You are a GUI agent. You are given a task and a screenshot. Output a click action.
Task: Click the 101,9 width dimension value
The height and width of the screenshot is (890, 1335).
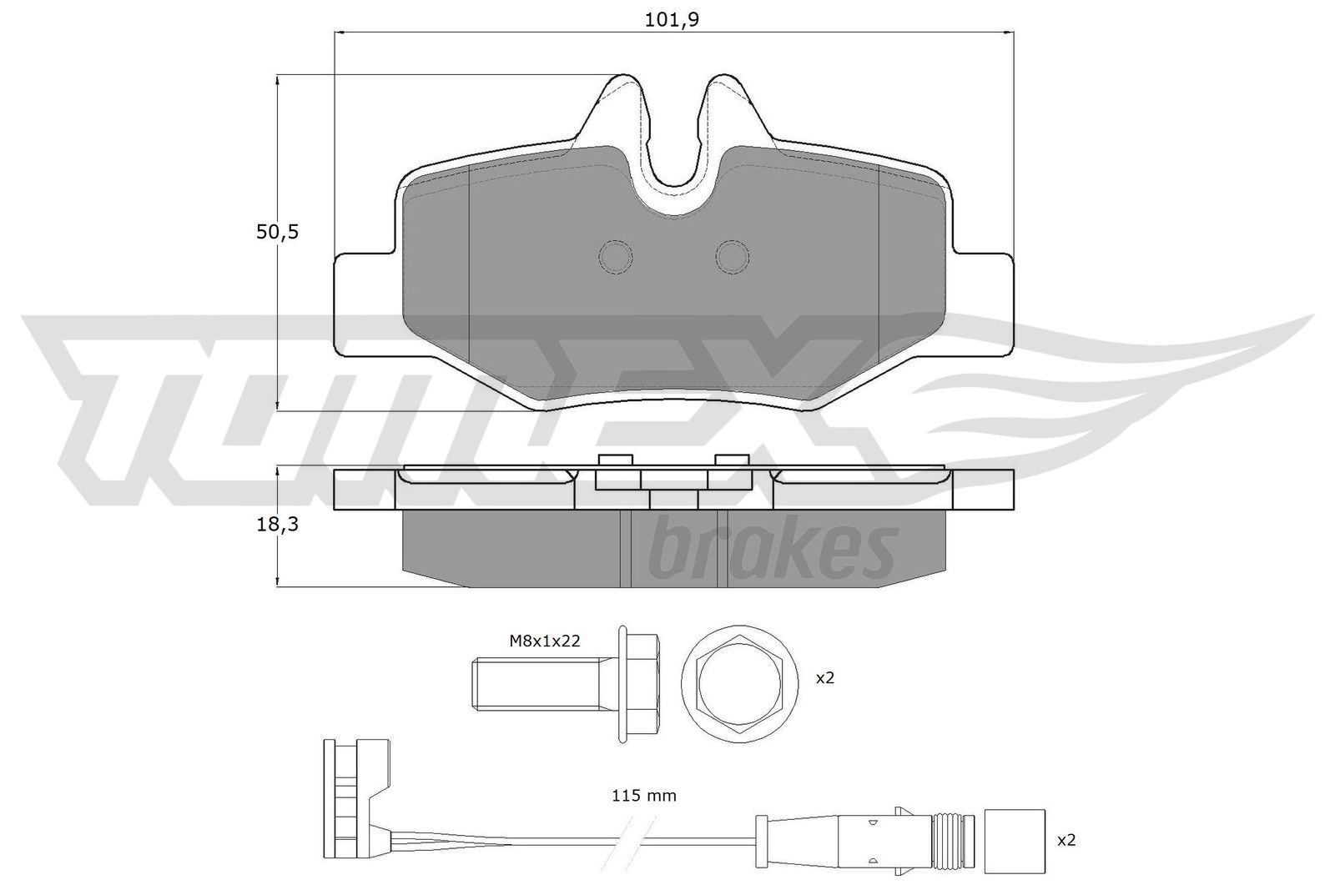[672, 20]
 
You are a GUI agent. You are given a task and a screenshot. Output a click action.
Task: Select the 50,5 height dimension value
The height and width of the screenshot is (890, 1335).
[277, 232]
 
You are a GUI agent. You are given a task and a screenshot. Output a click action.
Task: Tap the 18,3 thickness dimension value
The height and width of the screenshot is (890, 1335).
[277, 524]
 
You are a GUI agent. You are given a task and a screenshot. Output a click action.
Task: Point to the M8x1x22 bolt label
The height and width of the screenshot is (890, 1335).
[544, 641]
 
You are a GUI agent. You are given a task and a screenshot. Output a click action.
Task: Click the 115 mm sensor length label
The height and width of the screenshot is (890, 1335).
[643, 795]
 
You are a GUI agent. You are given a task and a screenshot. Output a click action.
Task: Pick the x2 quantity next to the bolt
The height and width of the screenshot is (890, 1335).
[825, 677]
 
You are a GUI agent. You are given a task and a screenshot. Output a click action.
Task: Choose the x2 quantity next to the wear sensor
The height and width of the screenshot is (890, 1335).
[1066, 840]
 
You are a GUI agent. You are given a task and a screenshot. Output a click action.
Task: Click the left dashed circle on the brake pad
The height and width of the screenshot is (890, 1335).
[615, 257]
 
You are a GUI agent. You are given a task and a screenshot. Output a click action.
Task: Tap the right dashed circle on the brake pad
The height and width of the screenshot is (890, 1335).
[733, 257]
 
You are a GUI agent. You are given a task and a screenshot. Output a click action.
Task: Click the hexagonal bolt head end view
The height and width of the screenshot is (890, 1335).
[739, 684]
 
